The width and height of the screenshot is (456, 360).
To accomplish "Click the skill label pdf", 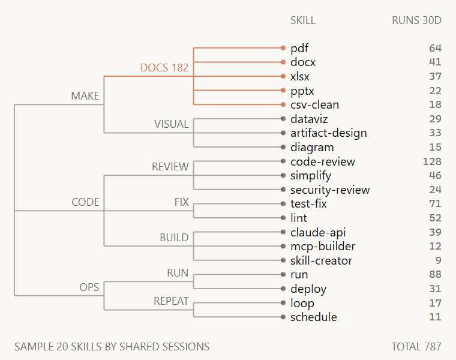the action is click(299, 48).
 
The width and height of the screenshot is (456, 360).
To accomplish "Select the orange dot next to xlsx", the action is click(283, 76).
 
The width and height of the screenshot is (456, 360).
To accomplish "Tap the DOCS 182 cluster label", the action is click(164, 68).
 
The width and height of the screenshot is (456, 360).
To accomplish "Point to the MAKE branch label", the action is click(85, 96).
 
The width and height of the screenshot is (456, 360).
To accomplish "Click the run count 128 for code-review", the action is click(432, 161).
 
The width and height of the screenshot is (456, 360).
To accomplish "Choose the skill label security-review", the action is click(330, 190).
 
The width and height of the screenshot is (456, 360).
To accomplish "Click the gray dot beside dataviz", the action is click(283, 119).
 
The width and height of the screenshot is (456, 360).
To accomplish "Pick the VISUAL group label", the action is click(171, 124).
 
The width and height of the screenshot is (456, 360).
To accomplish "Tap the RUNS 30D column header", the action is click(416, 20).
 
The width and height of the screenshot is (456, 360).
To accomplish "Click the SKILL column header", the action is click(303, 20).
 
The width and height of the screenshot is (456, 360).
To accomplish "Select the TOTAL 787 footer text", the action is click(416, 347).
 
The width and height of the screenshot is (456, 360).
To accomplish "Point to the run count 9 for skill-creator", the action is click(438, 260).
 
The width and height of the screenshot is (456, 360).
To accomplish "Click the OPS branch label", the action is click(89, 287).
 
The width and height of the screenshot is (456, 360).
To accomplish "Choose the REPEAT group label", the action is click(171, 301).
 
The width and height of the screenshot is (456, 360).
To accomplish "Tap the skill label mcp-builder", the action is click(323, 247).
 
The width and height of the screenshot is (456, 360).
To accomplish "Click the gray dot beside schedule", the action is click(283, 317).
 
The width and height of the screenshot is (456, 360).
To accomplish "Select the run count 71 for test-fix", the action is click(435, 203).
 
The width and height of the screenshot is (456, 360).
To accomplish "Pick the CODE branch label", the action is click(85, 202).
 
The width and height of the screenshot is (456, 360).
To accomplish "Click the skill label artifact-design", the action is click(329, 133).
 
